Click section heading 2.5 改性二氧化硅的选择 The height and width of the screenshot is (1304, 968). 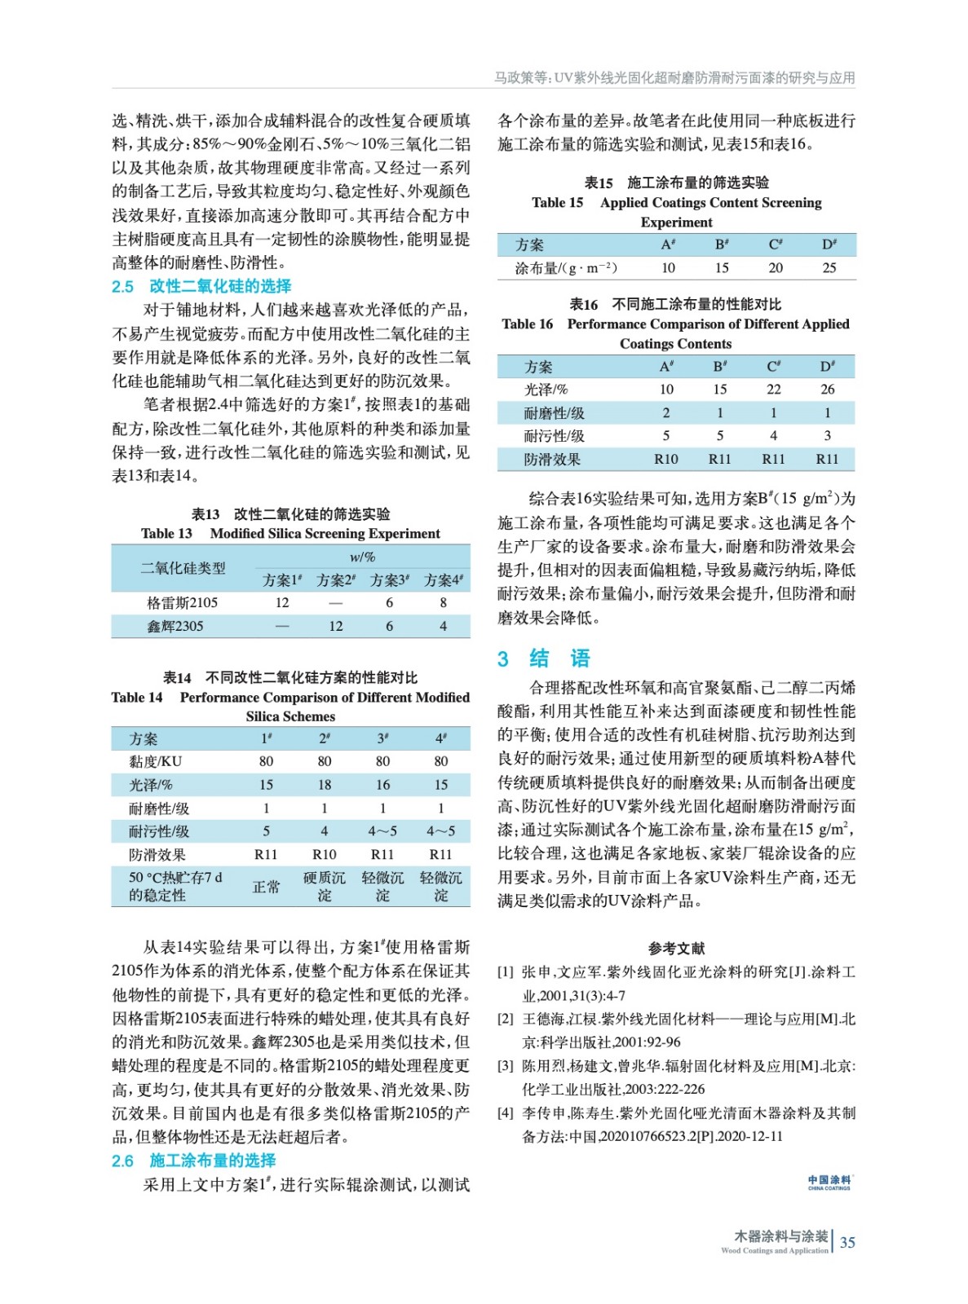201,286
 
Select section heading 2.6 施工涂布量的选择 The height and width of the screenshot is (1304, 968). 193,1160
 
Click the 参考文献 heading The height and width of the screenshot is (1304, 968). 676,948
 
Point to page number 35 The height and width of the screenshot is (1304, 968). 847,1242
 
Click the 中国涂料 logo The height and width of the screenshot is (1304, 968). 829,1183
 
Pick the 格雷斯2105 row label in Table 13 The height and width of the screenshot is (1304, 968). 182,602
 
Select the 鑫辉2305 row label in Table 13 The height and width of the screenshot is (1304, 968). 175,626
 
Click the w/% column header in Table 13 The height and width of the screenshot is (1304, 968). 362,557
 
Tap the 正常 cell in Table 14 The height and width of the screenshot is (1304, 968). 266,886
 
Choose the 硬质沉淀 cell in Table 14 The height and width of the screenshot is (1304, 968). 324,886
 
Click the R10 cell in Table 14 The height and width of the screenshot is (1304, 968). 324,854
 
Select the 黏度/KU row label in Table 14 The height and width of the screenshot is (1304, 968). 155,761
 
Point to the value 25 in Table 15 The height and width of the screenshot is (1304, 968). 829,267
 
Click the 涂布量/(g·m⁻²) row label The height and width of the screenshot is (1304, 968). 565,267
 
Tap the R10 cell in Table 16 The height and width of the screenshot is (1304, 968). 665,459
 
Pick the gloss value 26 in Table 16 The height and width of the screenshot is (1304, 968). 827,390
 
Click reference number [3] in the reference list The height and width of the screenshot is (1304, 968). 506,1066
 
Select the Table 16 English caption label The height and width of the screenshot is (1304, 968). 528,324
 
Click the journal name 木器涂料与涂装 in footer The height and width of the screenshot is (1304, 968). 780,1236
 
